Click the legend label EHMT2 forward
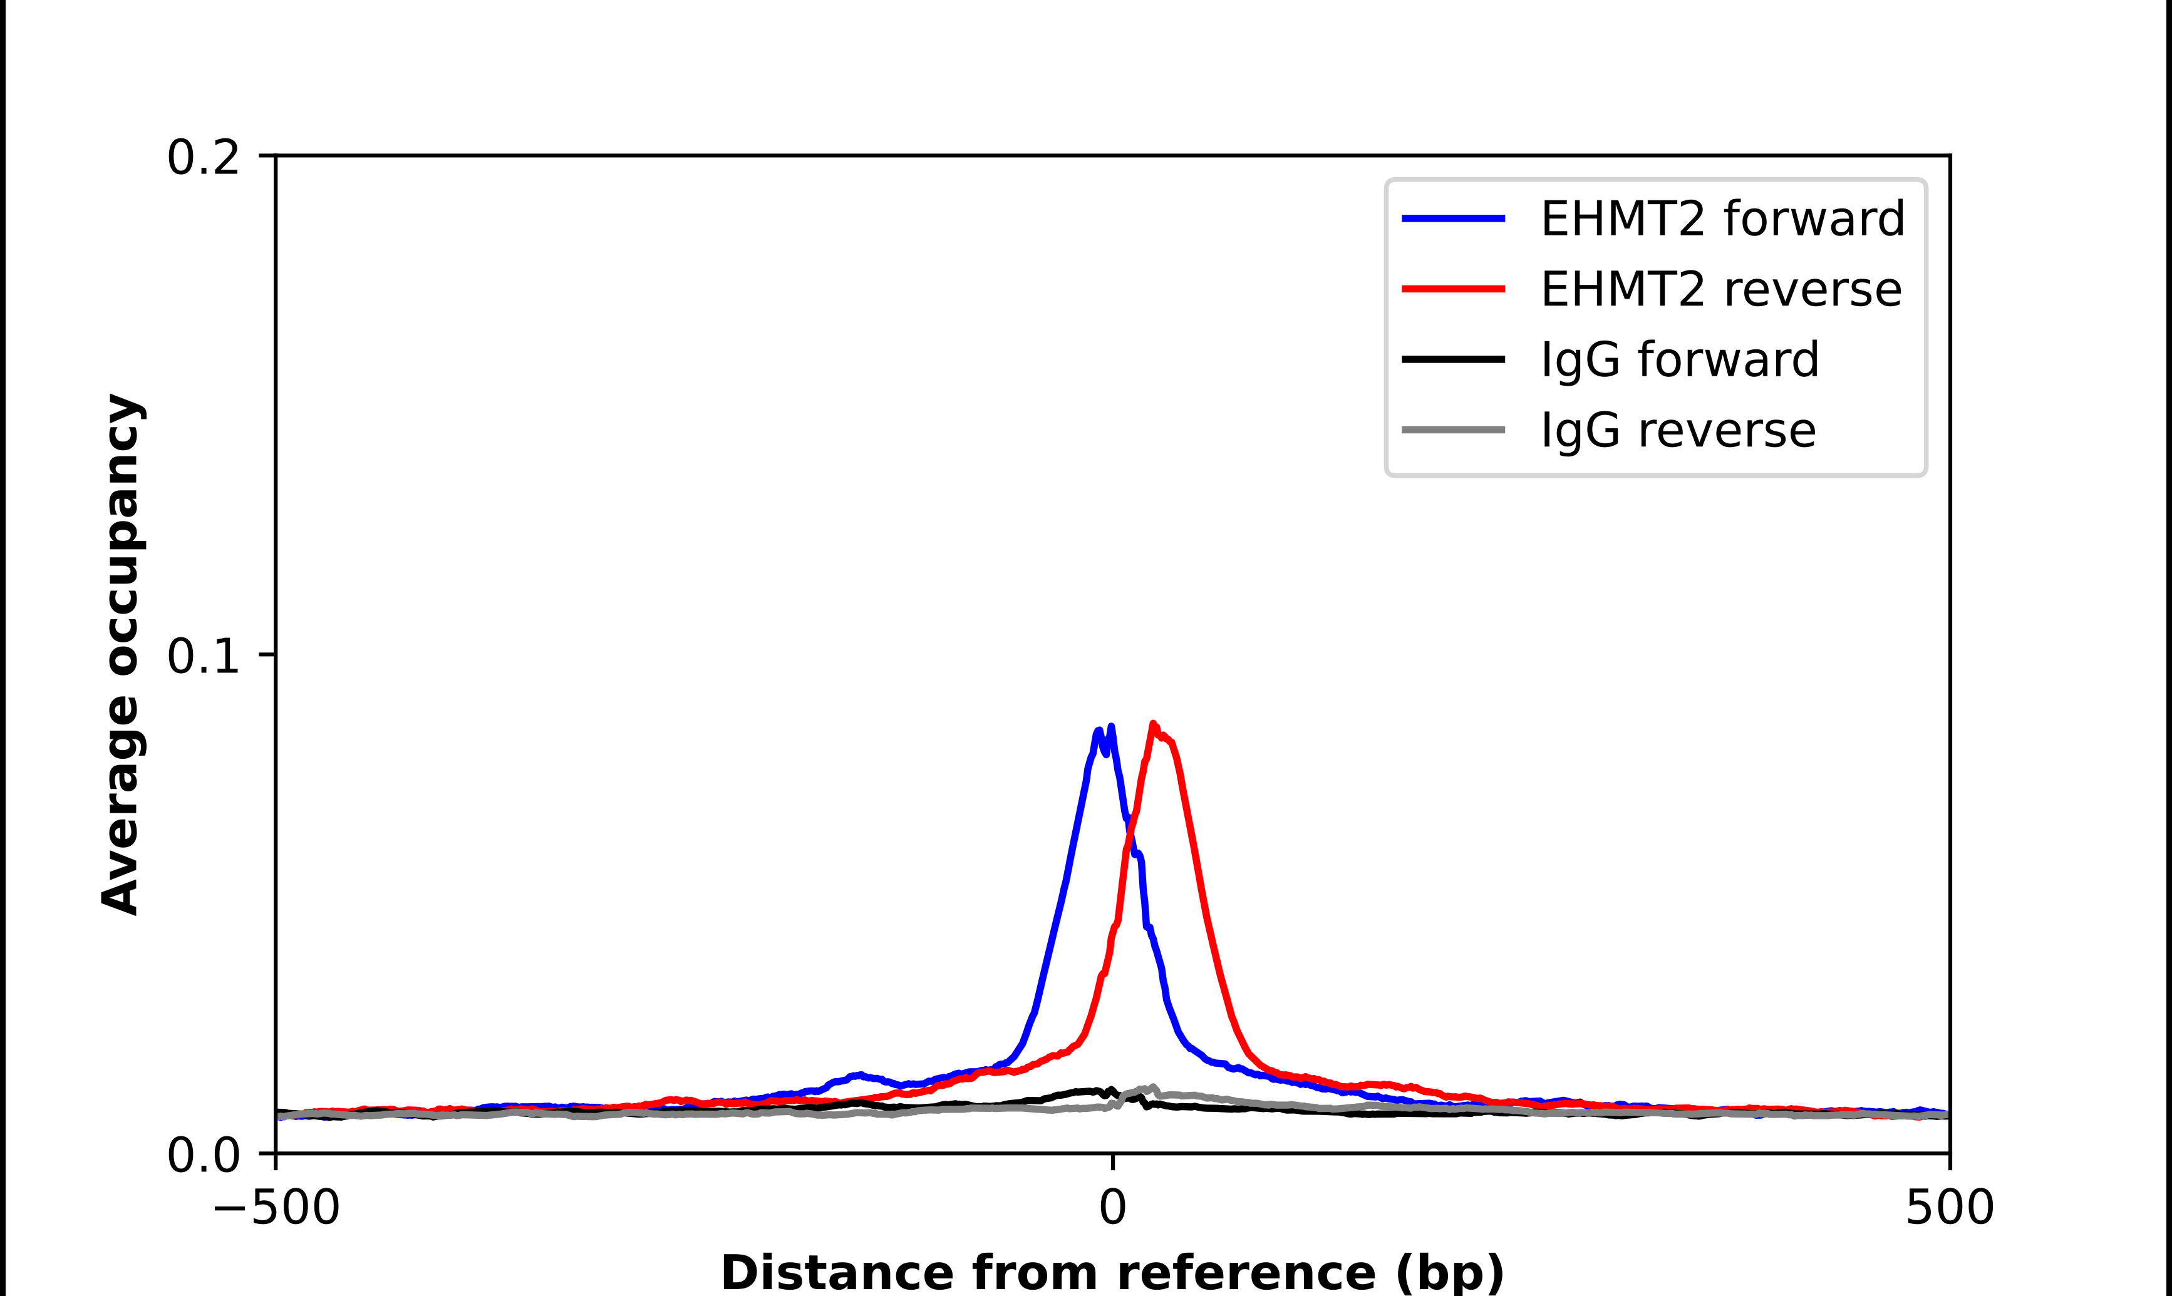(x=1722, y=219)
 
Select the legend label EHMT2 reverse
(x=1720, y=289)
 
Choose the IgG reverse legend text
(x=1678, y=431)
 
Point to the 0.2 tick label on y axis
(x=203, y=158)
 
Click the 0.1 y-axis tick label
(x=203, y=656)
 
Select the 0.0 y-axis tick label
(x=203, y=1155)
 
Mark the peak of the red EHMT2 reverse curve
(x=1153, y=724)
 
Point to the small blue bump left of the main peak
(x=859, y=1075)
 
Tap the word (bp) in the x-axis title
(x=1451, y=1273)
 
